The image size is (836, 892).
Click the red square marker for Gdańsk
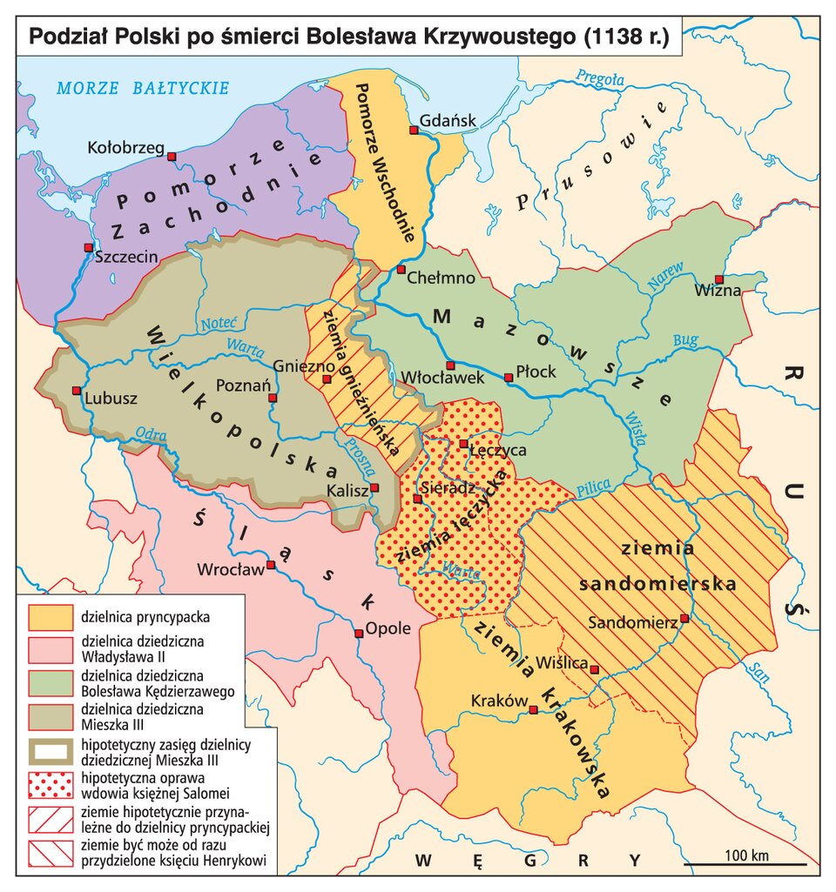click(414, 131)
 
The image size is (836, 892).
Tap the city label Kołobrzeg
click(126, 148)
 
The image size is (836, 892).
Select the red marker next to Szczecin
click(88, 247)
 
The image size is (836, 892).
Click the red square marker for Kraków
click(533, 712)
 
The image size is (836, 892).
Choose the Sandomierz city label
click(633, 623)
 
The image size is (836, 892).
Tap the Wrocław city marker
click(271, 565)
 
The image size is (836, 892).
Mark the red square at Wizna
click(718, 279)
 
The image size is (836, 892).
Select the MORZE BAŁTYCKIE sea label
click(143, 88)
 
